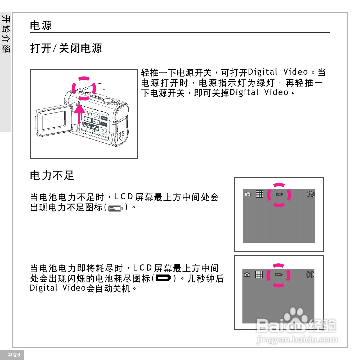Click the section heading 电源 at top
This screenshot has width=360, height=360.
point(41,25)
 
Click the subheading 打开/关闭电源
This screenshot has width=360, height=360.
point(66,48)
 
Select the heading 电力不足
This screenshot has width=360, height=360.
point(52,175)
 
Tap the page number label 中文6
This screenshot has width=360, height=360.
point(13,355)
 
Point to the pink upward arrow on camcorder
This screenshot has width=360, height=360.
point(79,114)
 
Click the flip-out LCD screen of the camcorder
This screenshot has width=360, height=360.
point(54,120)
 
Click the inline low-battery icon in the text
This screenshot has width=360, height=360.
point(115,208)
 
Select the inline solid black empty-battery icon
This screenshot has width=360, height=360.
point(164,278)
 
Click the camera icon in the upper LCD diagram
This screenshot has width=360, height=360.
point(248,194)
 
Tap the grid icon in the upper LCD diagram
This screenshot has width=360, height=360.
point(260,194)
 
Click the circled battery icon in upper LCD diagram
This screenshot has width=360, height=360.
point(279,194)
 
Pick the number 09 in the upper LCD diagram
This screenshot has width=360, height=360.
point(310,194)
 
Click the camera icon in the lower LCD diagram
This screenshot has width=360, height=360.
point(247,275)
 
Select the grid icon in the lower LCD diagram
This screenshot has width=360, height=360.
point(259,274)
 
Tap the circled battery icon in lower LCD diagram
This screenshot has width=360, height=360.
point(278,275)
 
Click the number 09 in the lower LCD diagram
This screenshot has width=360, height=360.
point(310,275)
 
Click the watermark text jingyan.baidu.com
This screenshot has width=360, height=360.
point(297,340)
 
